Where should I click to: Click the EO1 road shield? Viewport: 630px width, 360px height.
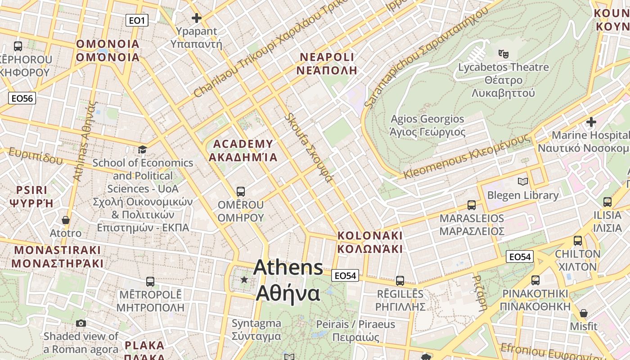[x=137, y=20]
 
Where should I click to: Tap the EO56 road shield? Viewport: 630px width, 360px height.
[x=22, y=98]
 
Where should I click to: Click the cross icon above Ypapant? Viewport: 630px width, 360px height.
[x=197, y=18]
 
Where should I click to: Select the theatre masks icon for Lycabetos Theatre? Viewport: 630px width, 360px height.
[x=504, y=54]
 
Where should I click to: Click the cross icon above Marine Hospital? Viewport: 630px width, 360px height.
[x=591, y=121]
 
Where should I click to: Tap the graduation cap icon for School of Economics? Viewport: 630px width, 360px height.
[x=142, y=149]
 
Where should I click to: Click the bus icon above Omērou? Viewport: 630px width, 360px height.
[x=241, y=191]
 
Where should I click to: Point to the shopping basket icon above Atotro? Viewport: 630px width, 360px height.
[x=66, y=220]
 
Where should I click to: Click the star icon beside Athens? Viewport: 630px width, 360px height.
[x=244, y=279]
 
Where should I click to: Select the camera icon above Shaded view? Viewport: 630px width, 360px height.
[x=81, y=323]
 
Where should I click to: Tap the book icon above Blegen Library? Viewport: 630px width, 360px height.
[x=522, y=181]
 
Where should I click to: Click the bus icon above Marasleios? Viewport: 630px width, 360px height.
[x=472, y=205]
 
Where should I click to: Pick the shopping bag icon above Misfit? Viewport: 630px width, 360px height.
[x=584, y=313]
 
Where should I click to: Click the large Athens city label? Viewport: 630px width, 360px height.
[x=288, y=280]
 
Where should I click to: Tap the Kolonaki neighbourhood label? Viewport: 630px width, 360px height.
[x=370, y=242]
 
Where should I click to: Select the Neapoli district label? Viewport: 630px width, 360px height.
[x=327, y=63]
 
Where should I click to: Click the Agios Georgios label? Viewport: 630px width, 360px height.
[x=427, y=126]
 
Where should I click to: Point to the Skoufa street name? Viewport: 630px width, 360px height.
[x=310, y=147]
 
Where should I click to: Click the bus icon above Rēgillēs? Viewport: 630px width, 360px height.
[x=400, y=281]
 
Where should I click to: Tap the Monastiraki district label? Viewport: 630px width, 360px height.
[x=58, y=256]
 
